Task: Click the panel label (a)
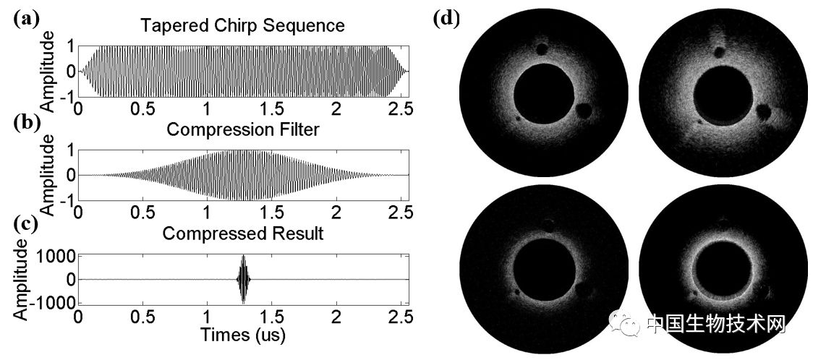25,20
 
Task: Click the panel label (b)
25,122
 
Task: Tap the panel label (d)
446,19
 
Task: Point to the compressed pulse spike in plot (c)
244,279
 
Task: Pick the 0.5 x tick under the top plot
143,108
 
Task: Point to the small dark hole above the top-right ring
718,51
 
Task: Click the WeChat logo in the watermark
626,323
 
